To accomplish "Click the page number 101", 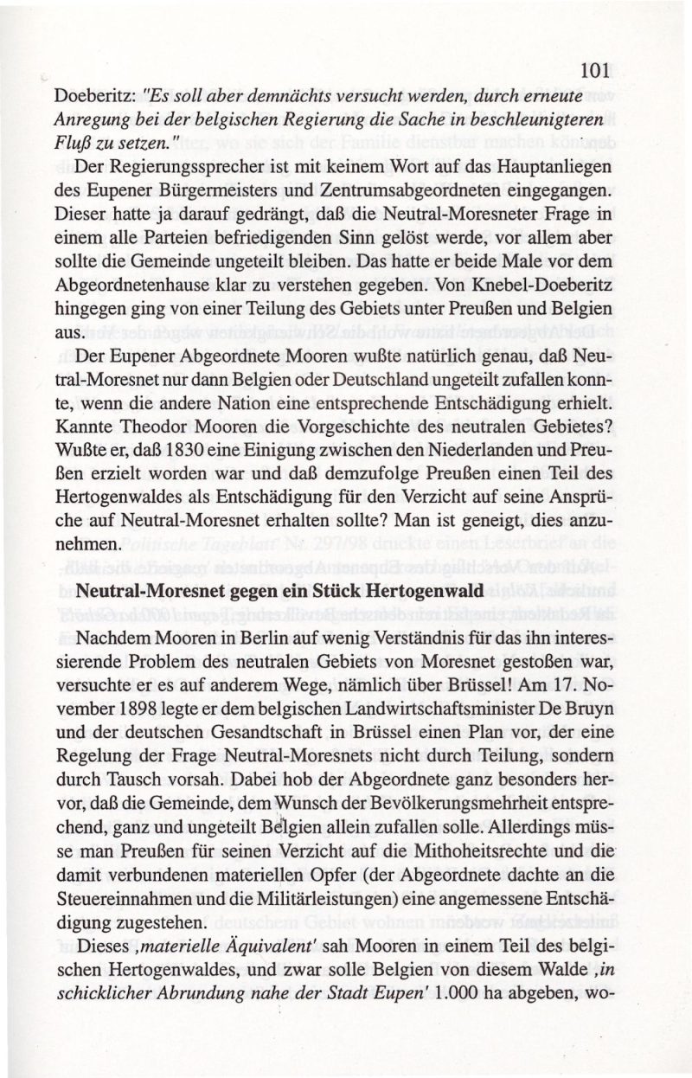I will (x=596, y=71).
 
